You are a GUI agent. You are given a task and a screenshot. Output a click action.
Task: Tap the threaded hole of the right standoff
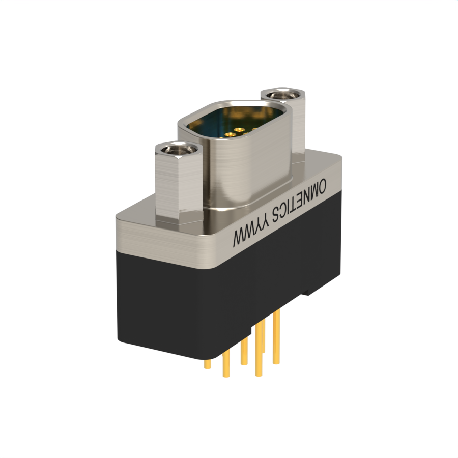tap(282, 95)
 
